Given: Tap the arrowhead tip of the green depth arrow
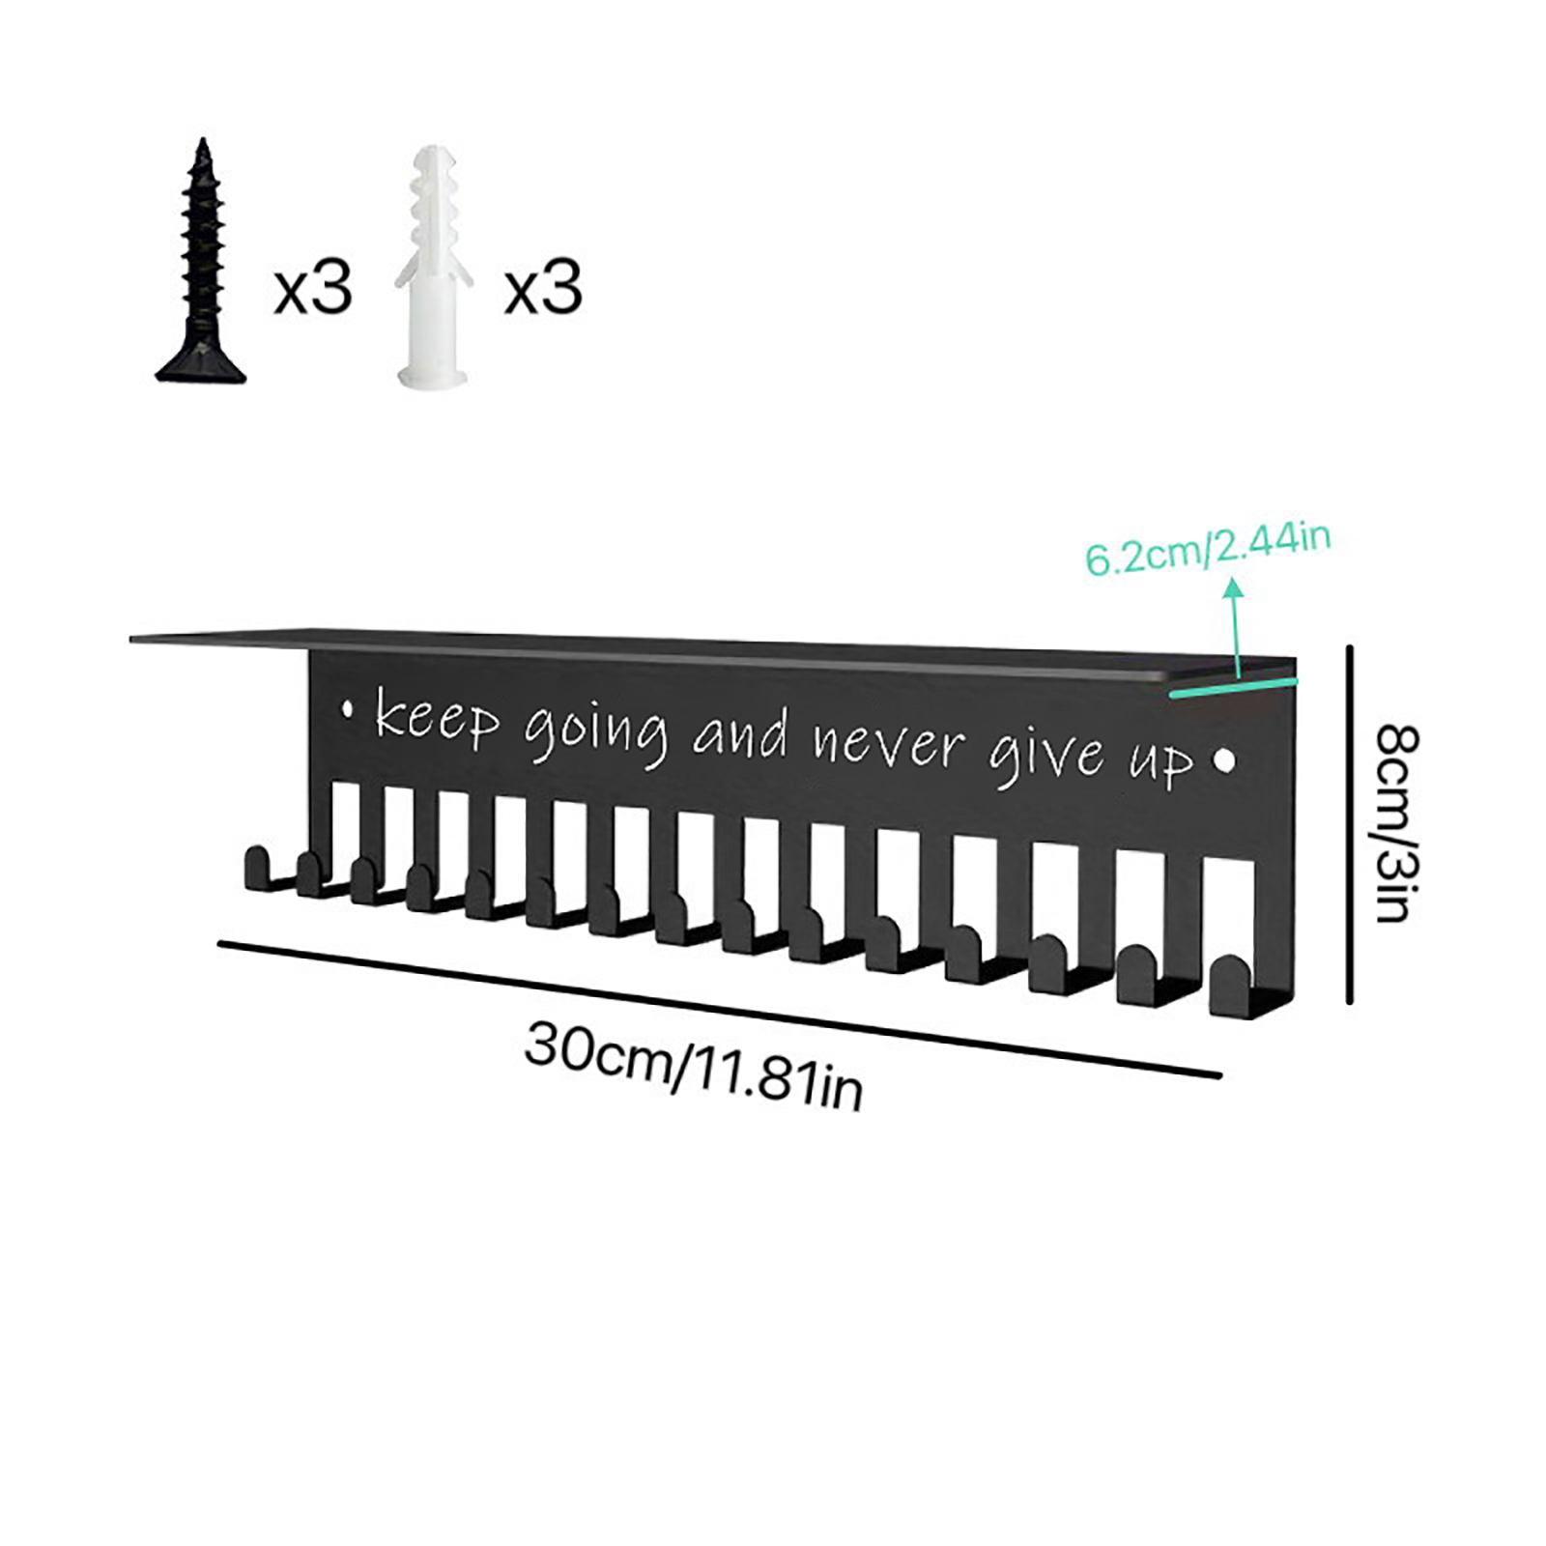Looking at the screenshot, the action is (x=1232, y=578).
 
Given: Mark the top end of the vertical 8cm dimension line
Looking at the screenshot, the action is (x=1350, y=647).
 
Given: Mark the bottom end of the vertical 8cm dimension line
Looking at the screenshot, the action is (x=1350, y=1001).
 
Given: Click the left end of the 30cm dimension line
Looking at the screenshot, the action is (x=220, y=944).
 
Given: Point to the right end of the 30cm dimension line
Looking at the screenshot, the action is (x=1219, y=1074).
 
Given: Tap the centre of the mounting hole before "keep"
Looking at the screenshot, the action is (x=348, y=710).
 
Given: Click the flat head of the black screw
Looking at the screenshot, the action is (x=201, y=362).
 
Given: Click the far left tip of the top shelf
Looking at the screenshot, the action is (x=131, y=638).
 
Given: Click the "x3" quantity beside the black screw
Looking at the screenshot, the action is (x=313, y=287).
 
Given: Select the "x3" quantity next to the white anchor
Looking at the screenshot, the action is (x=543, y=287).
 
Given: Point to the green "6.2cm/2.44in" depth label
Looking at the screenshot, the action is (x=1208, y=548).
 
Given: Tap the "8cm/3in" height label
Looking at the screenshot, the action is (x=1395, y=823).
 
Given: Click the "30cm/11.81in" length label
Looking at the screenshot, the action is (x=693, y=1066).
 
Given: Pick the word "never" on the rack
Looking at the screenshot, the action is (x=888, y=744).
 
